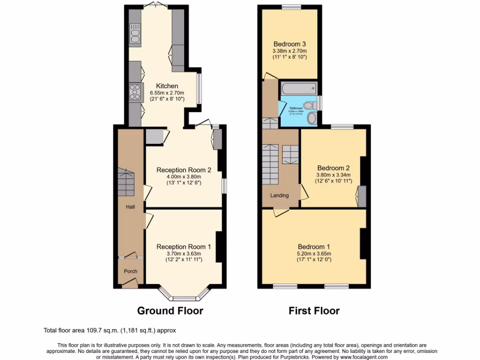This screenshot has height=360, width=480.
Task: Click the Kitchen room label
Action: [167, 86]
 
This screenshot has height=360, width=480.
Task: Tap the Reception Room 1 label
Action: [183, 247]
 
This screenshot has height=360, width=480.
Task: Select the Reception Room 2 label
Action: [183, 170]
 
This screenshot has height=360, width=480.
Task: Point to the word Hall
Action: [130, 206]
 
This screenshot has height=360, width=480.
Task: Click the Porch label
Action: [130, 271]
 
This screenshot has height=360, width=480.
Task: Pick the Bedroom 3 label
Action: [289, 44]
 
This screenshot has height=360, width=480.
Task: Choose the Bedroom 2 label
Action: [333, 168]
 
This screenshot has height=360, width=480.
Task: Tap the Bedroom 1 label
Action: [314, 247]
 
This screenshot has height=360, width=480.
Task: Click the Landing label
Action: [279, 195]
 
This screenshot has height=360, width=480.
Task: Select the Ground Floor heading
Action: [170, 310]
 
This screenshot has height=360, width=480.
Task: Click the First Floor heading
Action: [314, 310]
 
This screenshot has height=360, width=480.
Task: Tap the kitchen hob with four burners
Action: [135, 92]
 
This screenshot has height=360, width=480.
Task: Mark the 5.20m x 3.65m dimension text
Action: [314, 254]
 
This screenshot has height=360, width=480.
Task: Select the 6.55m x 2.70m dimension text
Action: [167, 93]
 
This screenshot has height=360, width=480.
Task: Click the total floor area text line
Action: [110, 330]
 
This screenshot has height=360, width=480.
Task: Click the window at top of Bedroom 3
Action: [291, 7]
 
